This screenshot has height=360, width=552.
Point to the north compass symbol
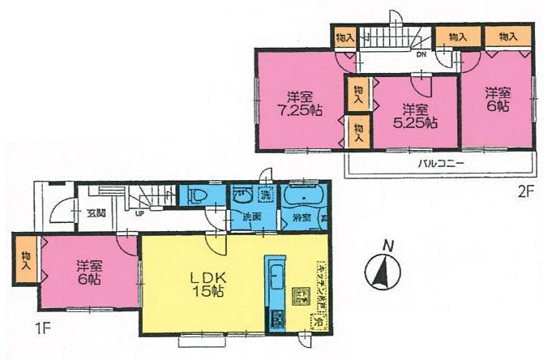tap(382, 269)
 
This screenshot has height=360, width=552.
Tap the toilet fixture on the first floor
tap(199, 197)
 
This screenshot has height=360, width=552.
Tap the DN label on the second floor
tap(421, 56)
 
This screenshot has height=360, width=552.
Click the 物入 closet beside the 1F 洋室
tap(25, 259)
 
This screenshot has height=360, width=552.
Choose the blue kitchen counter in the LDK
tap(274, 293)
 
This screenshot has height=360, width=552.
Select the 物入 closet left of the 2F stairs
tap(344, 36)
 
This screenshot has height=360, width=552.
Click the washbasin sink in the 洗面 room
tap(241, 196)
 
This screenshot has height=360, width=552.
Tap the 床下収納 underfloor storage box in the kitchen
tap(297, 295)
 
